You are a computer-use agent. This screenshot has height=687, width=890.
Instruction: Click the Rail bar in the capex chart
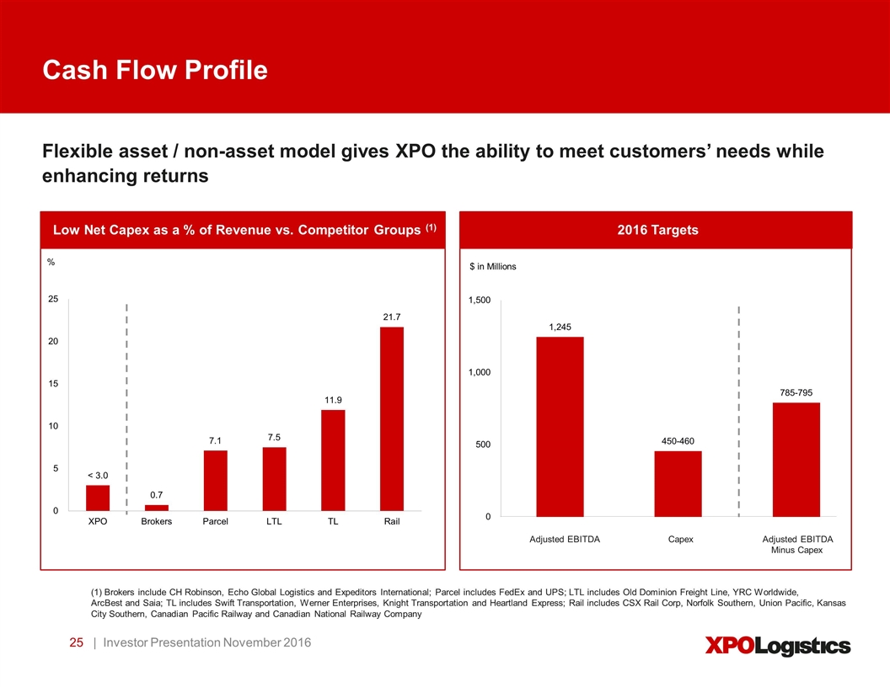392,418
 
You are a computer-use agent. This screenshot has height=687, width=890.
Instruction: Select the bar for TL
333,460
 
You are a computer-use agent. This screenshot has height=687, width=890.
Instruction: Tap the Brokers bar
157,508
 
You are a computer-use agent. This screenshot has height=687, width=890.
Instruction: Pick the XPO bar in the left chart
98,498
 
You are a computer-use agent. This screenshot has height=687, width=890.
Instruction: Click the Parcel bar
216,480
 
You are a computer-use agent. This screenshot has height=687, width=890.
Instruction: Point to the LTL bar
274,478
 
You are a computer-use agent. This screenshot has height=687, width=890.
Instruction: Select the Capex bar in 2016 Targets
678,483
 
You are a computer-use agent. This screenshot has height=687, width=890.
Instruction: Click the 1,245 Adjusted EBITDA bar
560,426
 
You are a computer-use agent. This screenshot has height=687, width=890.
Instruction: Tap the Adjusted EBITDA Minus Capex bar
796,459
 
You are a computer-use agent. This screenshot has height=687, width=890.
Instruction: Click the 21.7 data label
392,317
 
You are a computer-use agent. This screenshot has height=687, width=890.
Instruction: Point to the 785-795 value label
796,392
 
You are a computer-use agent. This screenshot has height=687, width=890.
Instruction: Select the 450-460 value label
678,441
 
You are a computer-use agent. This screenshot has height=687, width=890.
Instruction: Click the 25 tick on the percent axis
52,299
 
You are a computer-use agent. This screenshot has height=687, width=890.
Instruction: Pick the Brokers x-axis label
157,522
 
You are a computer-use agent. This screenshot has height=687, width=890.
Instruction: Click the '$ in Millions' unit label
492,267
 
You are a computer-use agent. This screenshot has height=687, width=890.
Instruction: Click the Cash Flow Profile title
156,71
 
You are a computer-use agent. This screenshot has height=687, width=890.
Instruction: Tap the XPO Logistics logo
776,646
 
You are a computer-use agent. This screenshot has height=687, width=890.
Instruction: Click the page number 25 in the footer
76,643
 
